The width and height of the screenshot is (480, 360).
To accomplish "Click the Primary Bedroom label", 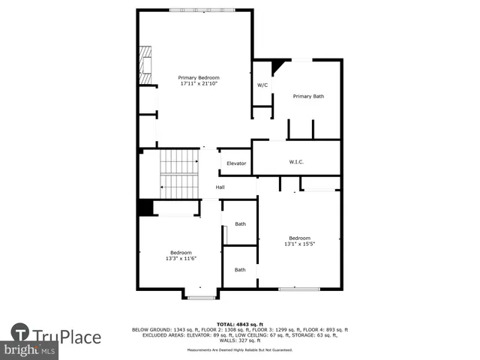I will click(x=199, y=78).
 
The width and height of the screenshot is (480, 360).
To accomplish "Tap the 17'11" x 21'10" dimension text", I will click(x=199, y=84).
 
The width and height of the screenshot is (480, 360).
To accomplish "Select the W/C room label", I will click(x=262, y=85).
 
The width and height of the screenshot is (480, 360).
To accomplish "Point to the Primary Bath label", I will click(x=308, y=96).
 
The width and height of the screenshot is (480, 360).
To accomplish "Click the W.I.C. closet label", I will click(x=296, y=162).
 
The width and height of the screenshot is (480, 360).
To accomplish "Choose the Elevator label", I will click(x=236, y=163).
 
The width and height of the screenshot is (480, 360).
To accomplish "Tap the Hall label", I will click(x=220, y=187).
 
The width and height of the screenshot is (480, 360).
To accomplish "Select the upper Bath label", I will click(x=240, y=223).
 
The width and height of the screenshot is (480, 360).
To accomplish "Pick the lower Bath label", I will click(x=240, y=270).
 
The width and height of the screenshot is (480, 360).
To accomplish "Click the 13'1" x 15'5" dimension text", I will click(x=299, y=244).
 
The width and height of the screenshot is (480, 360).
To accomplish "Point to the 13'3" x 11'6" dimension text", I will click(x=181, y=259).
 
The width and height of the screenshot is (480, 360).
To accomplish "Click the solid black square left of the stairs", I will click(x=145, y=208).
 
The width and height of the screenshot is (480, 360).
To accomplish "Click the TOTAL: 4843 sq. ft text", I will click(x=240, y=323).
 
